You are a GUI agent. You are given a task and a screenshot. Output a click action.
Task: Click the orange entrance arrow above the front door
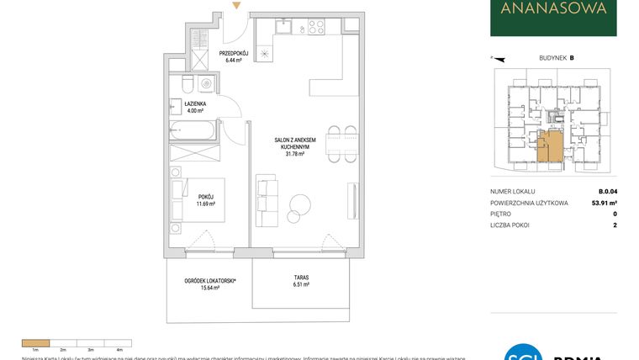pos(238,7)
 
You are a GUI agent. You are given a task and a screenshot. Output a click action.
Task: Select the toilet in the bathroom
pos(187,84)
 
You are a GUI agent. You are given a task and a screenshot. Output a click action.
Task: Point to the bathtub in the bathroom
pos(193,130)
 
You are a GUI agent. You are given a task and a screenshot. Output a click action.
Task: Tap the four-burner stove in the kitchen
pos(316,27)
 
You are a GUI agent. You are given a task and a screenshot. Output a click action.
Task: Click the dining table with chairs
pos(341,142)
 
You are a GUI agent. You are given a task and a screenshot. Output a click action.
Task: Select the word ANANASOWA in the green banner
pos(553,10)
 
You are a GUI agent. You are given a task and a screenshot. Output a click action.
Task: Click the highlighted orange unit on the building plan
pos(550,146)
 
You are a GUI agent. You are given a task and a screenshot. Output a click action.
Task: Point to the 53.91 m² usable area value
pos(604,203)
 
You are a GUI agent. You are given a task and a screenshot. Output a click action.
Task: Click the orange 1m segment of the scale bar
pos(36,342)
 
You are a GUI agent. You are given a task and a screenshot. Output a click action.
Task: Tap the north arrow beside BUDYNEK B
pos(496,59)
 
